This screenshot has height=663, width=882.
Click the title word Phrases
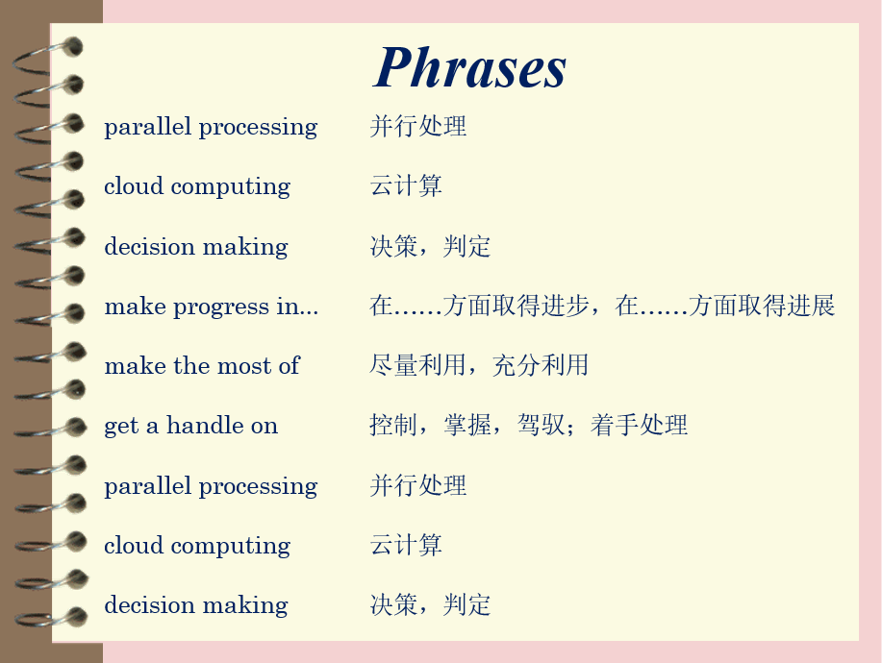469,67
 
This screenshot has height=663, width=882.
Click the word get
121,427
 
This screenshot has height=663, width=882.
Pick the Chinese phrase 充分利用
541,365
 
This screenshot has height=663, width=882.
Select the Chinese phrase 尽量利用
417,365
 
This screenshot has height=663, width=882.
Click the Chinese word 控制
393,425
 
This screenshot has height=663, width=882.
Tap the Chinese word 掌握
467,425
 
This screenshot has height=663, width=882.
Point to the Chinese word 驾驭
542,425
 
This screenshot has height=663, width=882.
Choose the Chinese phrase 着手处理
639,425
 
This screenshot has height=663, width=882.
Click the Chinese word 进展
811,306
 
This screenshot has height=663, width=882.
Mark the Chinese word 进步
565,306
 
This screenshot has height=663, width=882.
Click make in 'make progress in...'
136,307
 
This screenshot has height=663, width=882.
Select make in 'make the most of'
136,366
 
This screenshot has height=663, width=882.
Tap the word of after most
290,365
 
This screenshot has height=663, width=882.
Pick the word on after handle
265,427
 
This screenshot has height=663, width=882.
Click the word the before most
192,366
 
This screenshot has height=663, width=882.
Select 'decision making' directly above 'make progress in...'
196,247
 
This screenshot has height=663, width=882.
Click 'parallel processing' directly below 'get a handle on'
211,486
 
